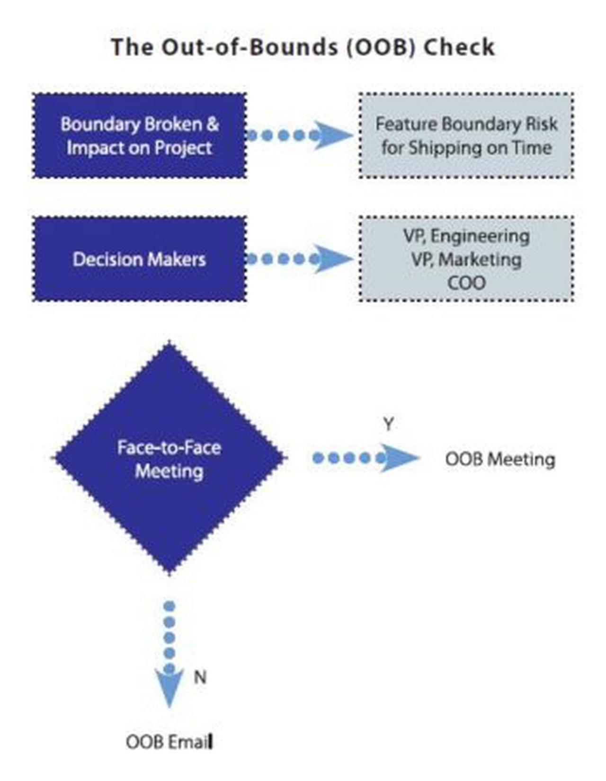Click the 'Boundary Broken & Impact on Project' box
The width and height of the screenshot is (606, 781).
point(139,136)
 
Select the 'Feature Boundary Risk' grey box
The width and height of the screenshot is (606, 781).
point(466,136)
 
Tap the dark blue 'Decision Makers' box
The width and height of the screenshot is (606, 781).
point(139,259)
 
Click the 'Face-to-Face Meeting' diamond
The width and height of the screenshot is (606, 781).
point(169,458)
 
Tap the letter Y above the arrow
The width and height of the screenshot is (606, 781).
point(388,424)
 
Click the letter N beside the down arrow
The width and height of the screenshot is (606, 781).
point(200,677)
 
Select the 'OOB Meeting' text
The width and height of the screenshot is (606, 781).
point(500,459)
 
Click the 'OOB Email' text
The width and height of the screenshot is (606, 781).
point(169,742)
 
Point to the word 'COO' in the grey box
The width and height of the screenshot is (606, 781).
point(466,283)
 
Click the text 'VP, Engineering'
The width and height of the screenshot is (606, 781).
point(466,236)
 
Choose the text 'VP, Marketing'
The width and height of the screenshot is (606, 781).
point(466,259)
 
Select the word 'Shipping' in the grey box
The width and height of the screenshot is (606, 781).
point(435,148)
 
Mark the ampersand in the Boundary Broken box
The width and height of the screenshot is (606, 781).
point(213,124)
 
